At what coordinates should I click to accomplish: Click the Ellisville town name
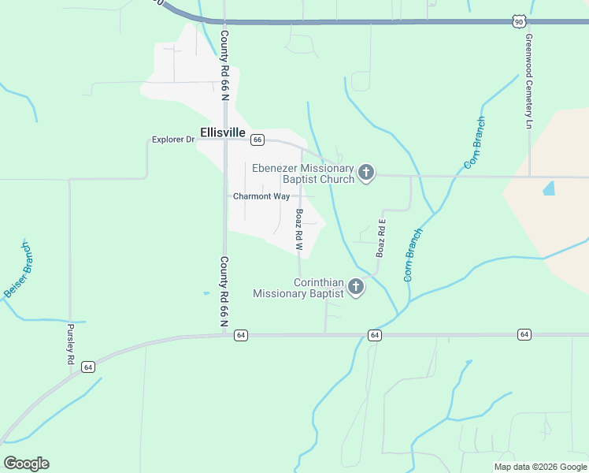(223, 132)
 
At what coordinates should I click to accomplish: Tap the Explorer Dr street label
(172, 140)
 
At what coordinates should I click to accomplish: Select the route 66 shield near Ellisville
(257, 140)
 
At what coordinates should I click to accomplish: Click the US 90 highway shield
(517, 21)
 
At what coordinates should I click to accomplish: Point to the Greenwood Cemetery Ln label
(530, 81)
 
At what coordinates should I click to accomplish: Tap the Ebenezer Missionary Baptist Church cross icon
(365, 173)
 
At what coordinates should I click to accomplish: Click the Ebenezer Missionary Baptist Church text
(303, 173)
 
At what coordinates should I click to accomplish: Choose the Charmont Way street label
(261, 196)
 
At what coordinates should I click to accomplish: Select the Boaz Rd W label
(299, 229)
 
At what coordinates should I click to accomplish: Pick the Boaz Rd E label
(380, 238)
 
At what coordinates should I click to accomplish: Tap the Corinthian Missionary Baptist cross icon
(356, 287)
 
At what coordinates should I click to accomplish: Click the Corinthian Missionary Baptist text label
(298, 288)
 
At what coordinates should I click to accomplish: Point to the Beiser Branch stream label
(17, 270)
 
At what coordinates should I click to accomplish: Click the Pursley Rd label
(70, 344)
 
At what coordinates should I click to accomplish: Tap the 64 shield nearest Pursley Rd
(87, 367)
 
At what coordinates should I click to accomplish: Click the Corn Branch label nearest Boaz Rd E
(413, 255)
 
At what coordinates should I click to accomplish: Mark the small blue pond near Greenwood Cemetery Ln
(549, 188)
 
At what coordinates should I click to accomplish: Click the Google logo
(26, 464)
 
